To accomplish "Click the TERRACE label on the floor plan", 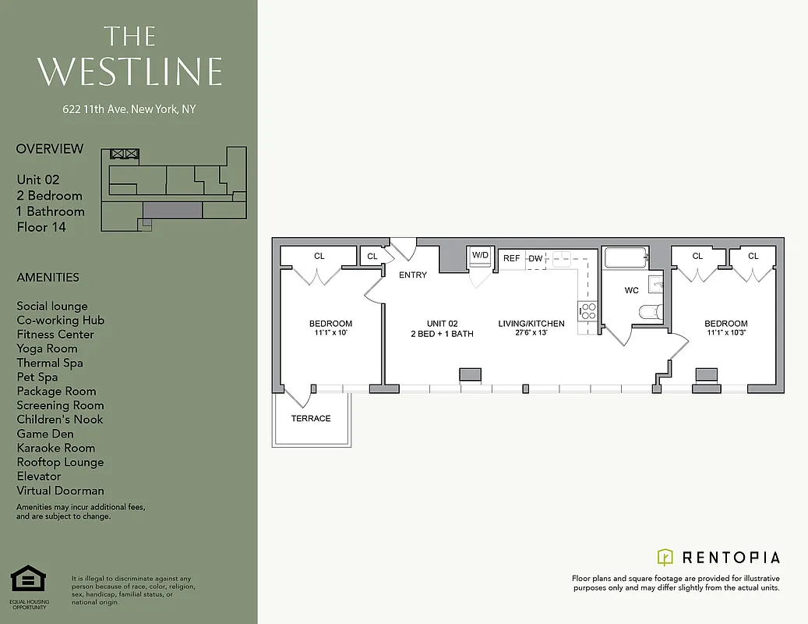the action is [311, 419].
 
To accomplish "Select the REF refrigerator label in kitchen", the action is [512, 258].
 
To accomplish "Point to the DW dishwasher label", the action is [535, 258].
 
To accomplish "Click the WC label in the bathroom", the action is [631, 290].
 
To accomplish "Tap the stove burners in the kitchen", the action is [587, 311].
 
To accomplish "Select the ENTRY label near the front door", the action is [412, 275].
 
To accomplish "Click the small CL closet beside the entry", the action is [372, 256].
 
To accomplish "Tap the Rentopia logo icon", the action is [665, 557].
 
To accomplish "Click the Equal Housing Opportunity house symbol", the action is [28, 581].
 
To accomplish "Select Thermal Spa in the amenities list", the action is [50, 363].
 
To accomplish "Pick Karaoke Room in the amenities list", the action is [55, 448].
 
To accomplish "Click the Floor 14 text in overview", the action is [41, 227].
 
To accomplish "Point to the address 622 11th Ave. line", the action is [129, 109].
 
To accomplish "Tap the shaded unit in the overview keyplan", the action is [172, 209].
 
